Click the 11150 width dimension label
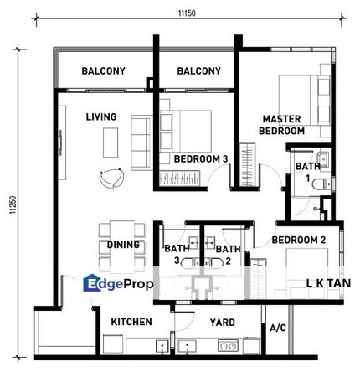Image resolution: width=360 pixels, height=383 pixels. [187, 13]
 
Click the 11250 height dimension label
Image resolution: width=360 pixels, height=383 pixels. [13, 204]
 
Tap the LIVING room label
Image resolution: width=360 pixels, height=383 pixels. [101, 116]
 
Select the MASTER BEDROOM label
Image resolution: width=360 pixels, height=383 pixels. [281, 125]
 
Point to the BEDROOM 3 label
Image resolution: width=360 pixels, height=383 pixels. [201, 159]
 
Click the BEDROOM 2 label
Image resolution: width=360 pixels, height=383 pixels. [299, 240]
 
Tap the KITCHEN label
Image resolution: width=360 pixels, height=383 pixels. [131, 322]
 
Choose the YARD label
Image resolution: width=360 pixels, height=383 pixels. [223, 323]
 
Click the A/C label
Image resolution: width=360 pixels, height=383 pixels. [278, 328]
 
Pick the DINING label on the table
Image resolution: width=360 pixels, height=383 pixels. [123, 245]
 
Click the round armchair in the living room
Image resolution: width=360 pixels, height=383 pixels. [111, 178]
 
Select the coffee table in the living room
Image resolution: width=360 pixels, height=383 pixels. [111, 142]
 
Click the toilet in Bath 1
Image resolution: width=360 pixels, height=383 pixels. [321, 184]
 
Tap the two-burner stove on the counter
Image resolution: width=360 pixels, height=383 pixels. [228, 346]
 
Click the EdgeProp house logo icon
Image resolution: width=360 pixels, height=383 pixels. [91, 283]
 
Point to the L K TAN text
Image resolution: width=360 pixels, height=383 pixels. [328, 283]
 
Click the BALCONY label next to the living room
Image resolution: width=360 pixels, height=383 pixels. [104, 71]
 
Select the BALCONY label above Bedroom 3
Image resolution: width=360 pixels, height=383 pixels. [199, 71]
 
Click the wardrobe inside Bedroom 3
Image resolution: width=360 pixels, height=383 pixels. [180, 178]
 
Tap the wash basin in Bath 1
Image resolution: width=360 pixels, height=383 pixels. [322, 158]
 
